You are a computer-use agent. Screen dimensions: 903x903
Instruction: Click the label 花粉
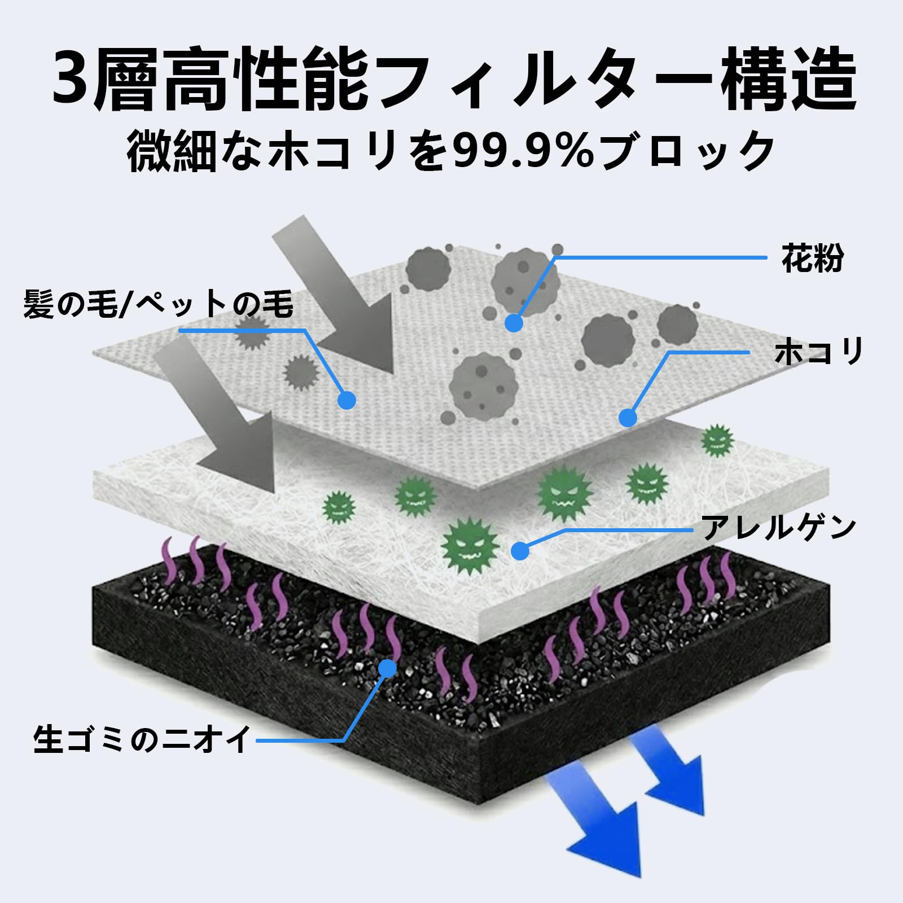812,258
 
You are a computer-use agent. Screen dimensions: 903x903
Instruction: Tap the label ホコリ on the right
819,352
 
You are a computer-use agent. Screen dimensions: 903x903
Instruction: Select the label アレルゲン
779,528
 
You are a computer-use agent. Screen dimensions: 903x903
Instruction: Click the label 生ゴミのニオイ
142,739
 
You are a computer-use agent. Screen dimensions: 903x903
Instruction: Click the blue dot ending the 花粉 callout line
514,323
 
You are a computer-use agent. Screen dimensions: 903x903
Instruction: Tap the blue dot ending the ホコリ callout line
628,418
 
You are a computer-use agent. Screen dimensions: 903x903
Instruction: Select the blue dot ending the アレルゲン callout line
520,551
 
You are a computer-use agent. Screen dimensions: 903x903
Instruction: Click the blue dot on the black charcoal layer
388,668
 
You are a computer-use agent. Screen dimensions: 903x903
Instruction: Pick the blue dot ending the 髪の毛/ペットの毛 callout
347,400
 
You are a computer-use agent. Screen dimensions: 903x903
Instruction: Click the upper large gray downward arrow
339,299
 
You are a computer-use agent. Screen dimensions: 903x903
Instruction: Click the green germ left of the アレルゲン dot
470,545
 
